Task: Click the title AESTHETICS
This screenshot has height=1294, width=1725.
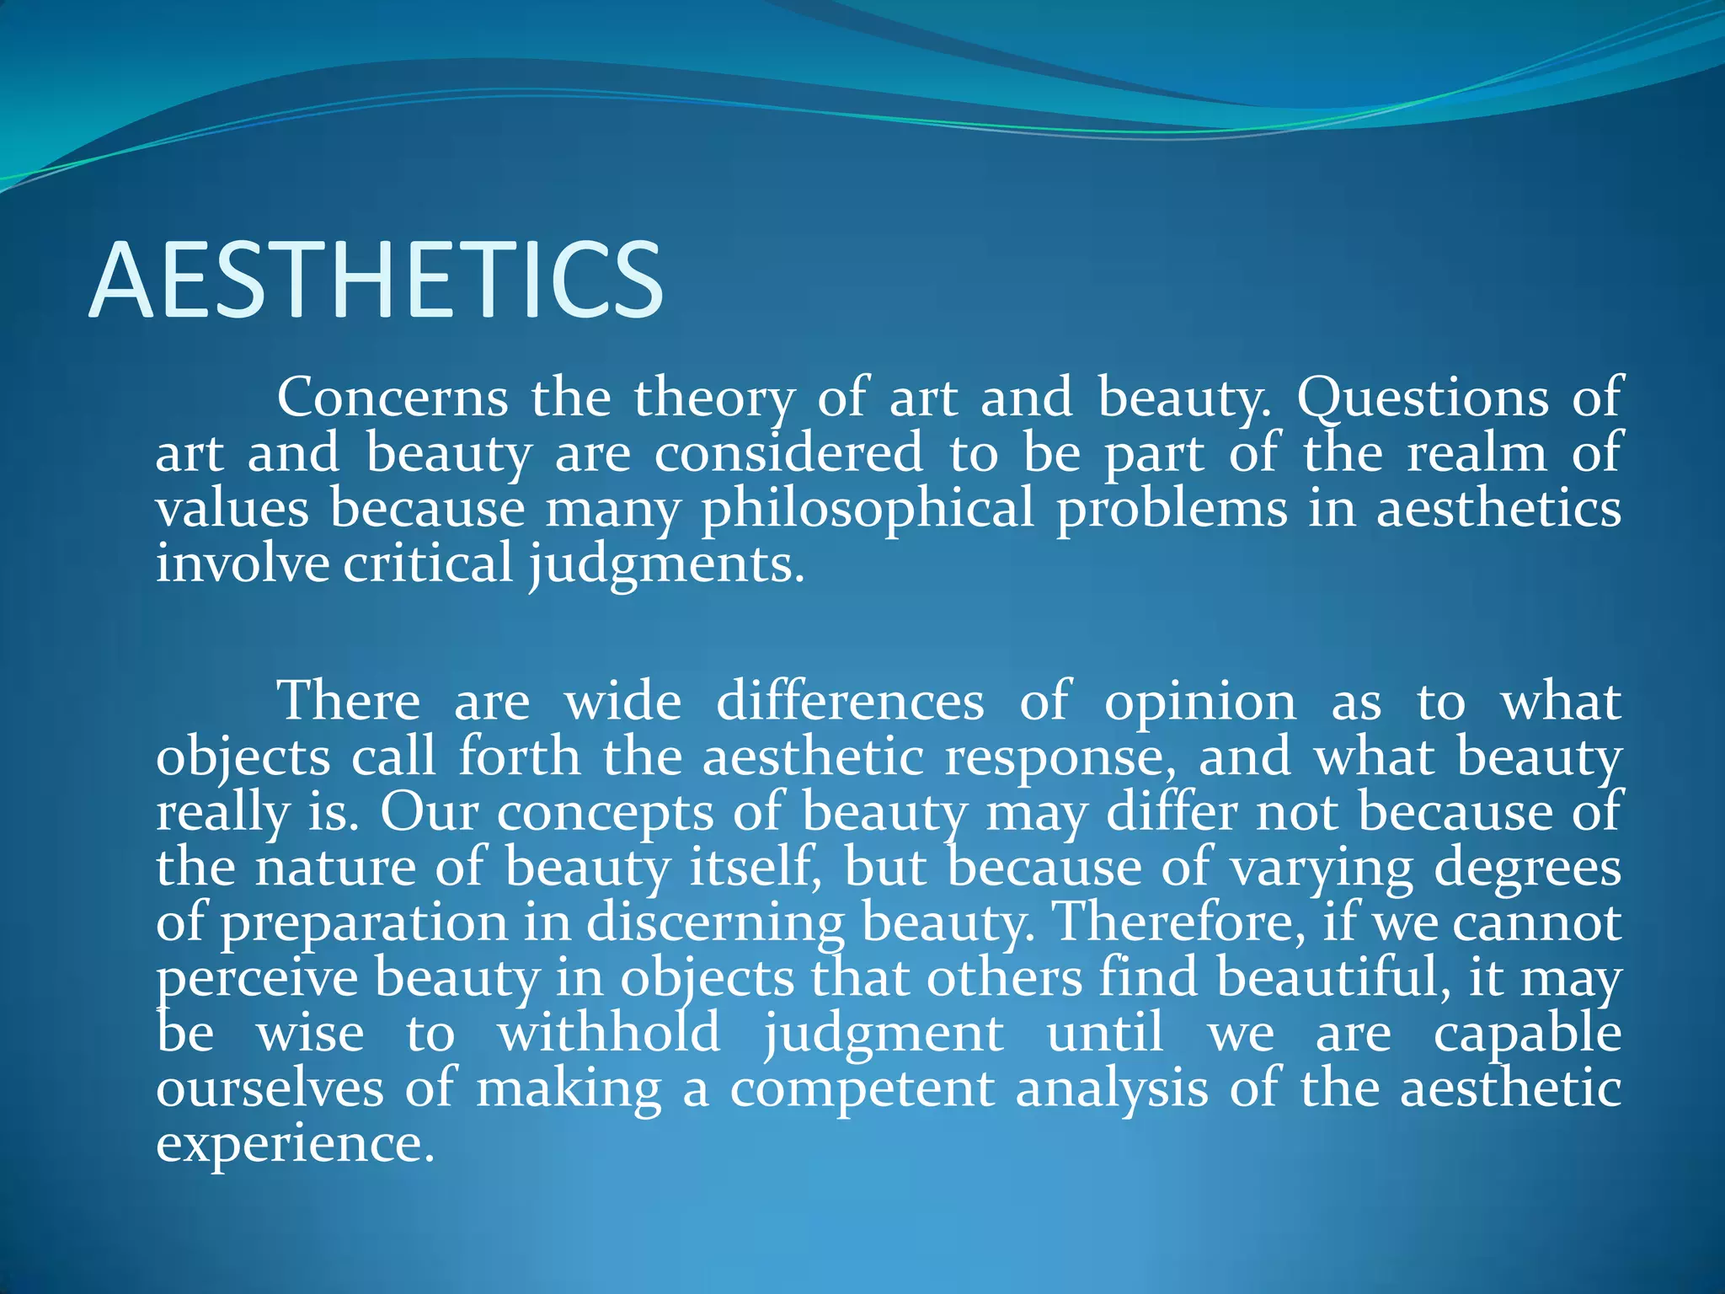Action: point(376,280)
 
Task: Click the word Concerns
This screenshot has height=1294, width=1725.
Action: point(393,397)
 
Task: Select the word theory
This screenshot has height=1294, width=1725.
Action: point(714,398)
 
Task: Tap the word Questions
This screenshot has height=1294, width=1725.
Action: point(1422,397)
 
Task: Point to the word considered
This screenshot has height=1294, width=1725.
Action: point(788,452)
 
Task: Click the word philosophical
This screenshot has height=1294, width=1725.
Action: point(868,511)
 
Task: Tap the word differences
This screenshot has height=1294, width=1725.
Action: point(850,701)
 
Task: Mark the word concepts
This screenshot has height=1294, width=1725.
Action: point(605,814)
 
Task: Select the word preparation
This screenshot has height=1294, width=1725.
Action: point(364,924)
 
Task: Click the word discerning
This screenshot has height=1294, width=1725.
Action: point(715,924)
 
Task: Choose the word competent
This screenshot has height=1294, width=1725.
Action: point(862,1088)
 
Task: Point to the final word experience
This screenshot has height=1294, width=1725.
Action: point(295,1145)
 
